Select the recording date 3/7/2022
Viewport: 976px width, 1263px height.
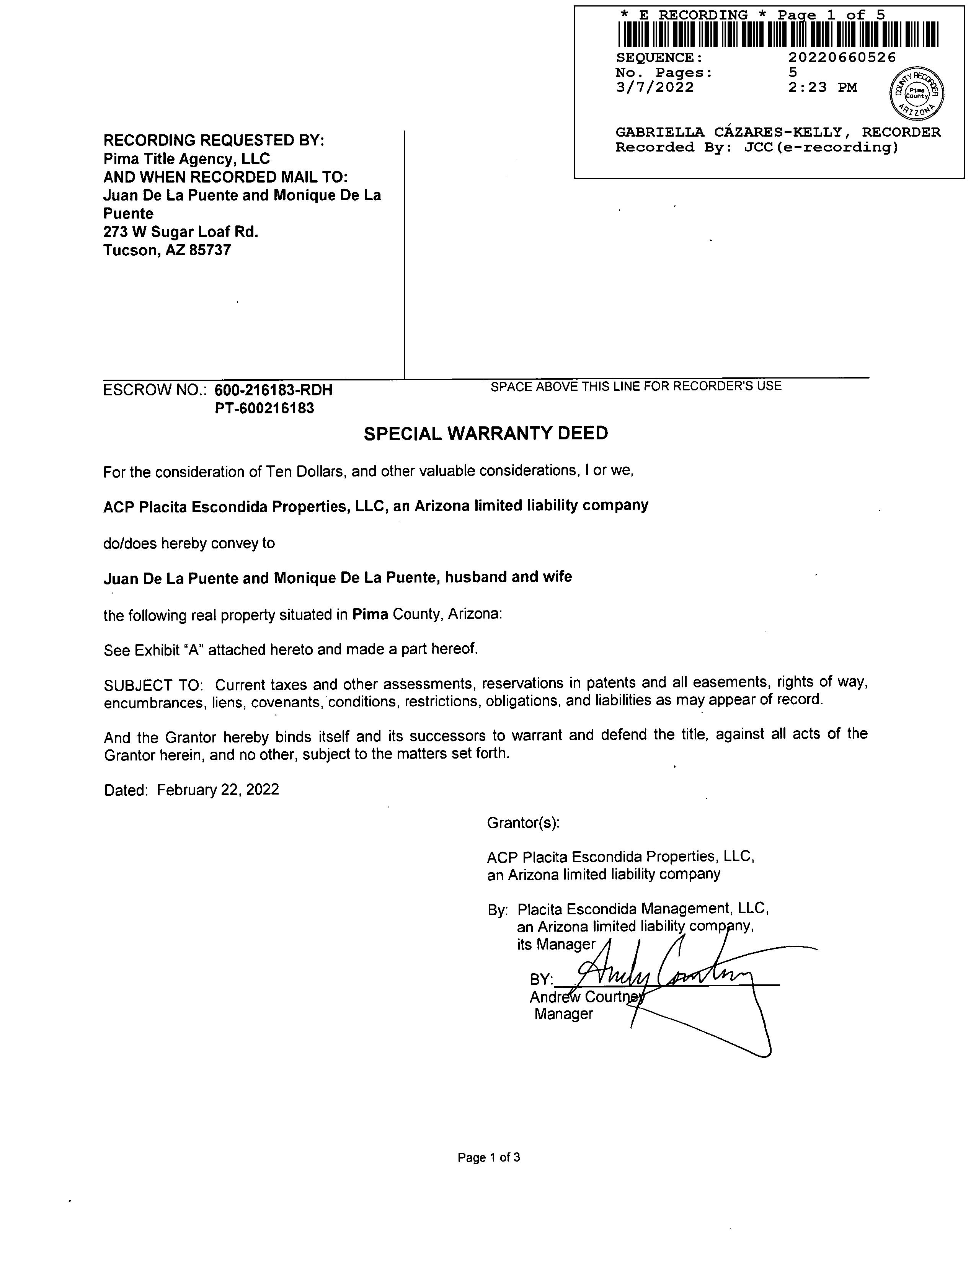point(654,87)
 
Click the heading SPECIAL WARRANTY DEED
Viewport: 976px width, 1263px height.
point(486,433)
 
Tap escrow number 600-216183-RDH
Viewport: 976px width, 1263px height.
point(274,390)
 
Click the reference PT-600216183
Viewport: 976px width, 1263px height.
point(264,408)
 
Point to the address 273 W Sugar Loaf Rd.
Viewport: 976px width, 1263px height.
point(180,232)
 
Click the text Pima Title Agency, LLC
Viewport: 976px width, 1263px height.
point(186,158)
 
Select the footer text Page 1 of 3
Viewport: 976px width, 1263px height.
point(489,1157)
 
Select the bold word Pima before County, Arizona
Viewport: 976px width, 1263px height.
point(370,614)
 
